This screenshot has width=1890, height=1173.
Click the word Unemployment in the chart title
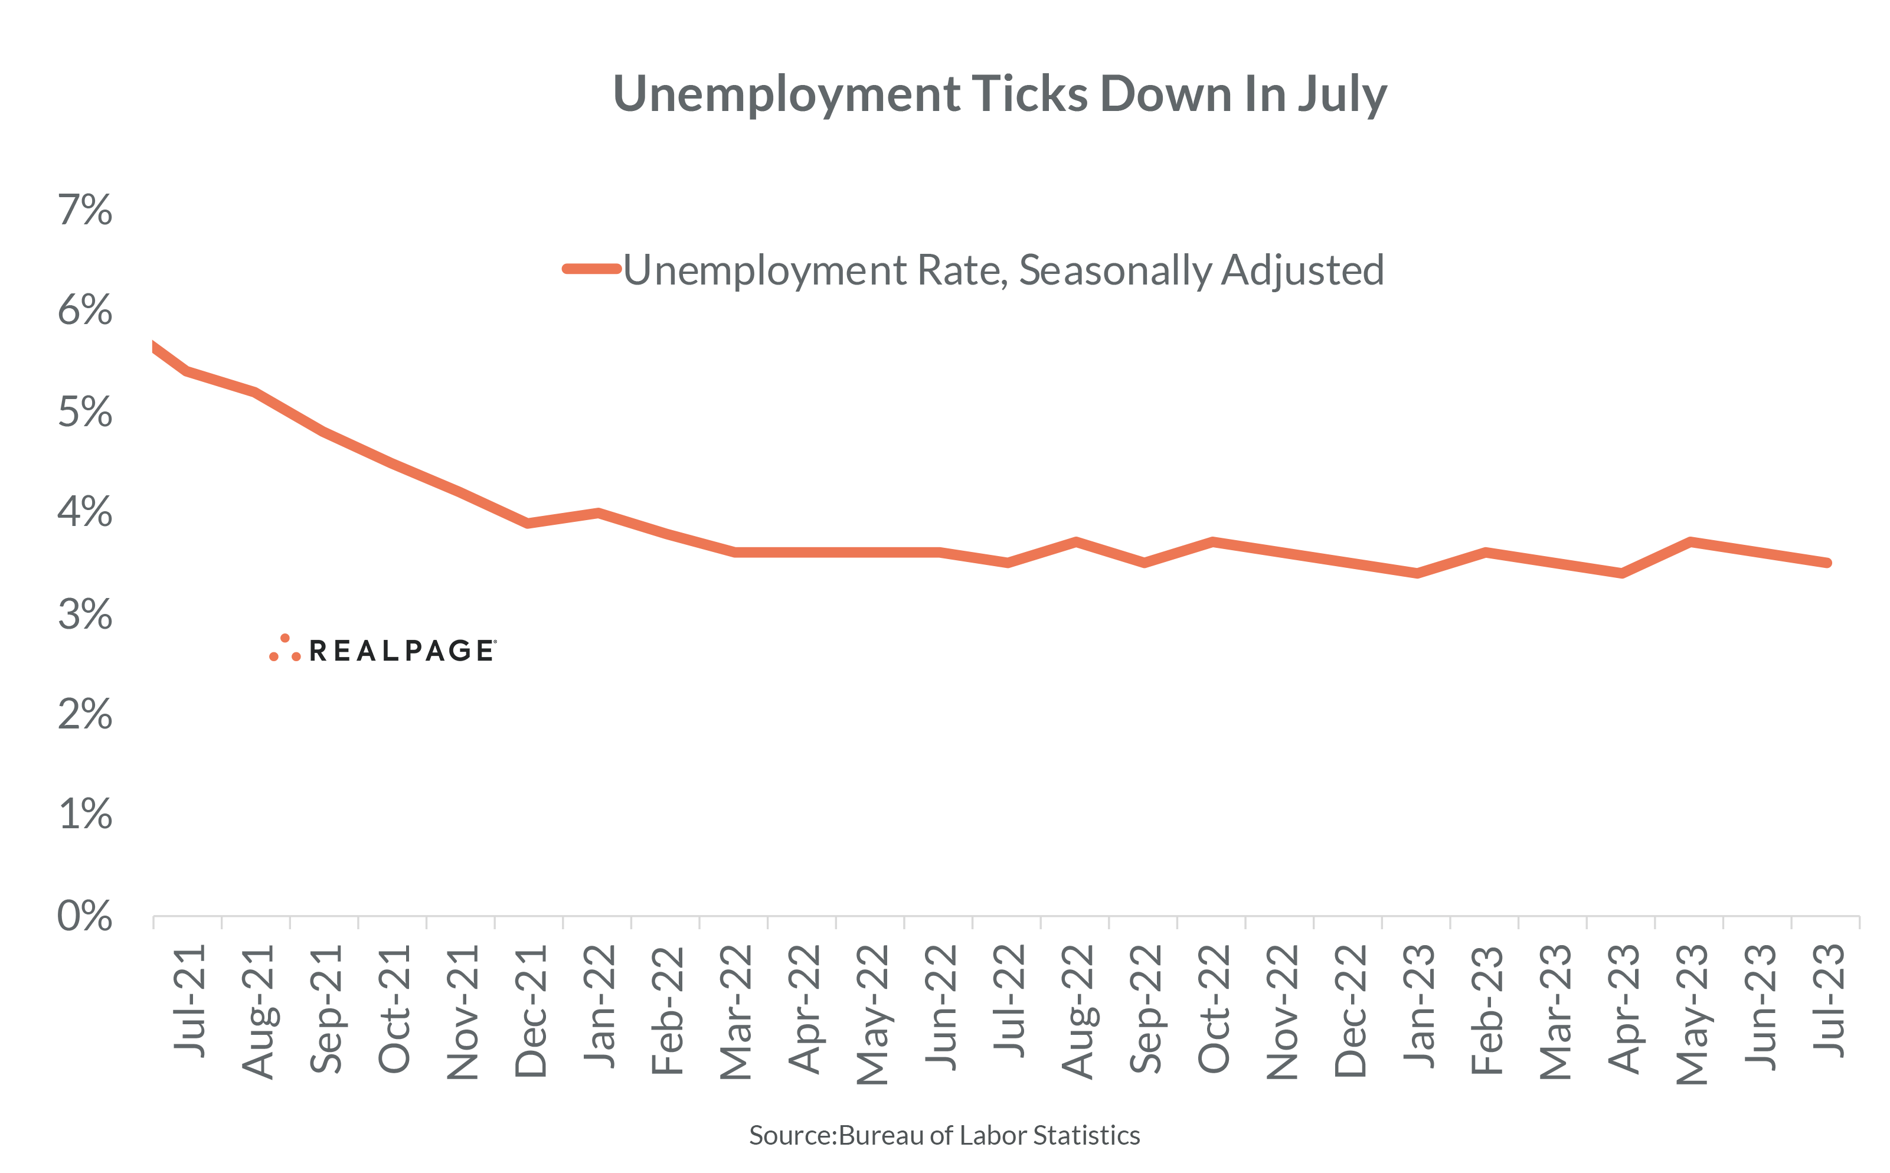coord(786,94)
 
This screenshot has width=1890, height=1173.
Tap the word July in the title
coord(1342,94)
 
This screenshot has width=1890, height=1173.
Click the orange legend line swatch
coord(592,269)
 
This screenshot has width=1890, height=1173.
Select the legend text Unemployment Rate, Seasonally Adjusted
coord(1003,270)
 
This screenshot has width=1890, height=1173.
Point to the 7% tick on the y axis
coord(86,210)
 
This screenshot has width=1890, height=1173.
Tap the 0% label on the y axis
coord(86,916)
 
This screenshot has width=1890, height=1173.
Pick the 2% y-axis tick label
coord(86,714)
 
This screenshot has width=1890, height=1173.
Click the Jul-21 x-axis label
coord(189,1001)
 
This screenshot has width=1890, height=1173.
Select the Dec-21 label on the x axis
coord(531,1010)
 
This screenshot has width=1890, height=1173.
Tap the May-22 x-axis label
coord(872,1013)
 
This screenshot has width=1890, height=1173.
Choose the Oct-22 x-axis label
coord(1213,1008)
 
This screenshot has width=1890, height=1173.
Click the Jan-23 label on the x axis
coord(1418,1005)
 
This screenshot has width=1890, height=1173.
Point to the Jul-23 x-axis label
coord(1827,1001)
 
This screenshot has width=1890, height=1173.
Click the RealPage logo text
coord(402,651)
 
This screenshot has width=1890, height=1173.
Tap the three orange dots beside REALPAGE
coord(285,649)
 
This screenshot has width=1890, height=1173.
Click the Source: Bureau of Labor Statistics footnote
coord(944,1135)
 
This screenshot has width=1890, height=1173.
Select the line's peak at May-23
coord(1690,541)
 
